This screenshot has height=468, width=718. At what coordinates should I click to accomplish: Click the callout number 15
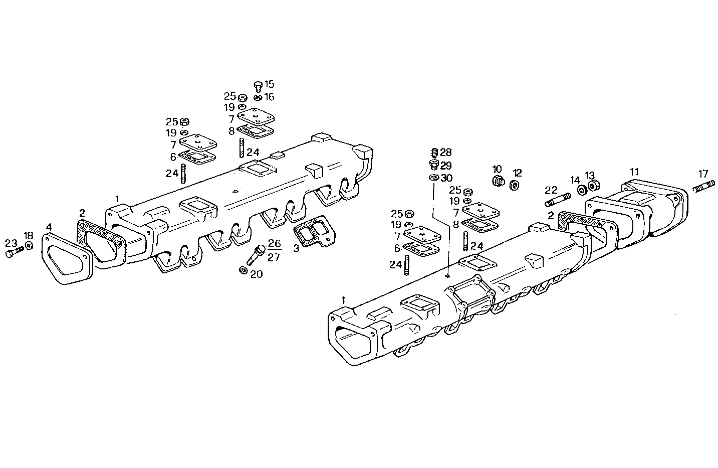(x=269, y=84)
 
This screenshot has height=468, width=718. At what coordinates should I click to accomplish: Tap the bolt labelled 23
(x=15, y=252)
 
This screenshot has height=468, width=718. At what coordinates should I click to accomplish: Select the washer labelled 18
(x=29, y=245)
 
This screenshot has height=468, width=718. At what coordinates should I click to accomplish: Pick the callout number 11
(x=634, y=172)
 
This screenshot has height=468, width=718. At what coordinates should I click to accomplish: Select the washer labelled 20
(x=243, y=270)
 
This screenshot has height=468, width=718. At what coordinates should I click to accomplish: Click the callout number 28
(x=446, y=152)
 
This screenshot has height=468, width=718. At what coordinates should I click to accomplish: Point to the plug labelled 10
(x=498, y=181)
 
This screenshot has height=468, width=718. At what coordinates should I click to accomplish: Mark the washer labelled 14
(x=583, y=190)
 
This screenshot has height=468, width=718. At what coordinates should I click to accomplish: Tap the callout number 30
(x=446, y=178)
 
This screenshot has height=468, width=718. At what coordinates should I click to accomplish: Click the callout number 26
(x=274, y=243)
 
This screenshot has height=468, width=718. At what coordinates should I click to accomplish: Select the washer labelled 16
(x=258, y=97)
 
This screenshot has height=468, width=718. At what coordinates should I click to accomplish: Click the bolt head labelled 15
(x=258, y=85)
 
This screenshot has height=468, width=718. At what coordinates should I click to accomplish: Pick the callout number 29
(x=446, y=165)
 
